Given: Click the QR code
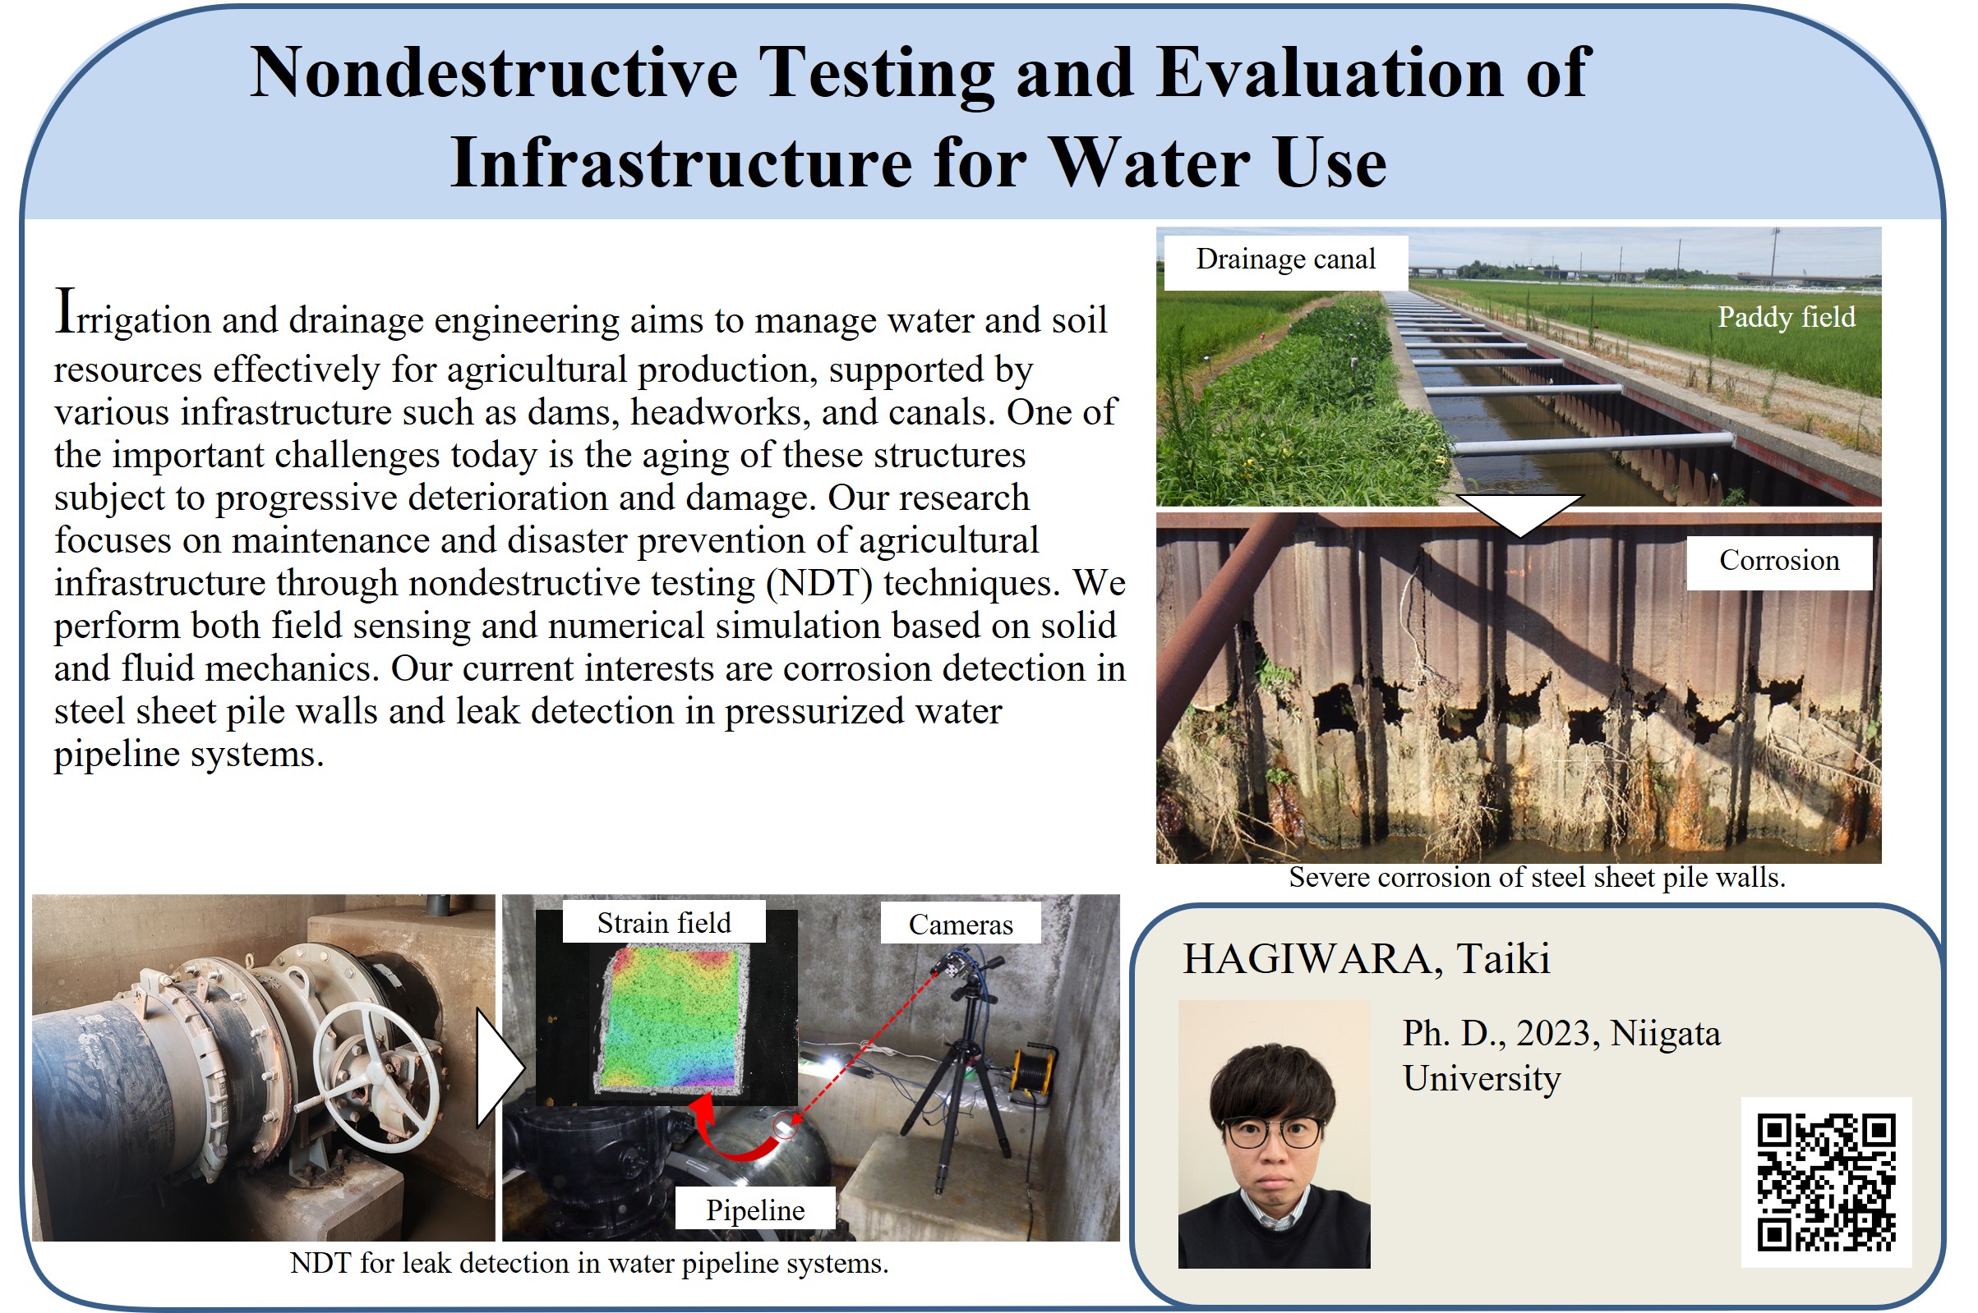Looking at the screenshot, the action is tap(1826, 1182).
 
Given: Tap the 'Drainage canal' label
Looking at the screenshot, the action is tap(1285, 259).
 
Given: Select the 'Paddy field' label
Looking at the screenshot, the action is tap(1787, 316).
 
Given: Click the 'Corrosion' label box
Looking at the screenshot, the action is tap(1779, 560).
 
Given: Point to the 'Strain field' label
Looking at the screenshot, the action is tap(663, 922).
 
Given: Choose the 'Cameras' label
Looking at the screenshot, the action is tap(960, 924).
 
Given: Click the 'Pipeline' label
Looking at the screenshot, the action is tap(755, 1210).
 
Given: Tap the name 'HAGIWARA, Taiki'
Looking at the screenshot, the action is tap(1366, 959).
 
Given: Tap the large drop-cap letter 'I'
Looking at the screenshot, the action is tap(66, 310).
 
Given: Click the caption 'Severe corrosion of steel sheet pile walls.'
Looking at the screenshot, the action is tap(1537, 877).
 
